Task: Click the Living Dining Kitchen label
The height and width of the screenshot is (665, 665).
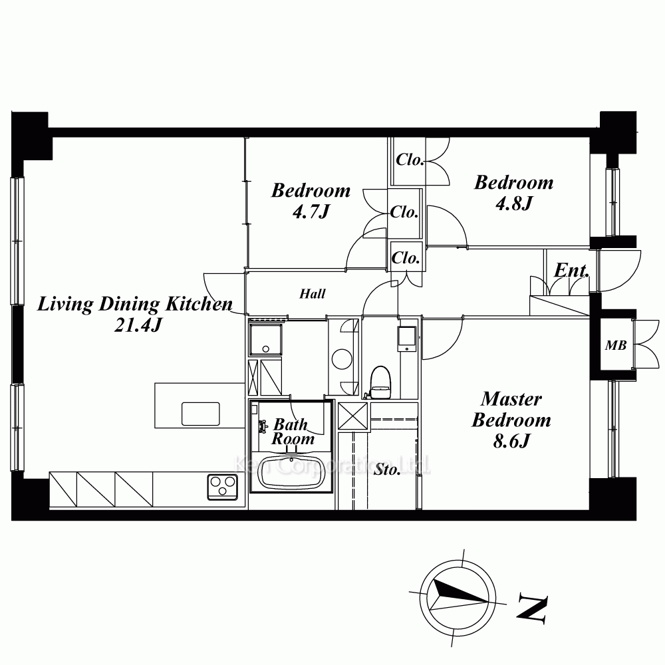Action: coord(135,304)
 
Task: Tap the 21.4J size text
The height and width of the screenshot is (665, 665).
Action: coord(138,325)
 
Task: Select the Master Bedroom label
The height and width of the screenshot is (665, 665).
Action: coord(511,410)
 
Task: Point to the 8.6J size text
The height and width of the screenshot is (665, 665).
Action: coord(511,442)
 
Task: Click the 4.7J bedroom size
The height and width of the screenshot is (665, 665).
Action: coord(311,211)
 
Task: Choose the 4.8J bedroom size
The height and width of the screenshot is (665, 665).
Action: coord(513,204)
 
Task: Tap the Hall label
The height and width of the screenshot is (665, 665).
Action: coord(313,293)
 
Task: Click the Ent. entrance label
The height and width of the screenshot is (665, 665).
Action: coord(572,270)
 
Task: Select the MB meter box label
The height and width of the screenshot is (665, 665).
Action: coord(616,346)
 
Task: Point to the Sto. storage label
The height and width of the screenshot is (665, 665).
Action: coord(387,469)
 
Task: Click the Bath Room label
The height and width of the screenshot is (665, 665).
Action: coord(293,432)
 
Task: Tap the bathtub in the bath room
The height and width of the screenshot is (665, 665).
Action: coord(291,473)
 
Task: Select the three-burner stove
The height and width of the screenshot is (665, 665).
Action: coord(223,487)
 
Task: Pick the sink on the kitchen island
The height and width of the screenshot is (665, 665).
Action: coord(201,414)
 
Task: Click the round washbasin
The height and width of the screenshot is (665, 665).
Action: coord(342,359)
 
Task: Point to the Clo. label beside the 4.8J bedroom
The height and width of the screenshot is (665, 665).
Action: coord(410,160)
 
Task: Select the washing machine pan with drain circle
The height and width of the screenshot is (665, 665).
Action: coord(265,339)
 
